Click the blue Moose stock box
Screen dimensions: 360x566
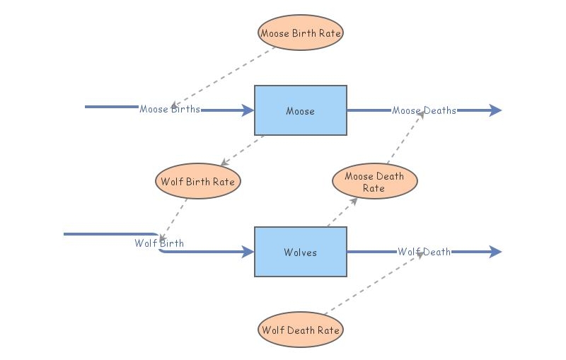(301, 110)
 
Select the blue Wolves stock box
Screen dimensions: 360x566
(301, 252)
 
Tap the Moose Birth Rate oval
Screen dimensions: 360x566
(301, 33)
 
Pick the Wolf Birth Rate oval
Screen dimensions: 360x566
(197, 182)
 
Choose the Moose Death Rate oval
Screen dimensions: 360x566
(374, 182)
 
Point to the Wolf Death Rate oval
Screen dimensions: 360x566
(301, 330)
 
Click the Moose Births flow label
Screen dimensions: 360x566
(170, 110)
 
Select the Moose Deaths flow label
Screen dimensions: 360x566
(424, 110)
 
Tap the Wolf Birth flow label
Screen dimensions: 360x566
(159, 243)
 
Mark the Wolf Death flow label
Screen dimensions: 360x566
(424, 252)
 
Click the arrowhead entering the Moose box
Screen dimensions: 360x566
(248, 110)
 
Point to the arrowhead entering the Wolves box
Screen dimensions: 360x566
(248, 252)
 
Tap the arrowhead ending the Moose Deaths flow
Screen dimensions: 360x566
(495, 110)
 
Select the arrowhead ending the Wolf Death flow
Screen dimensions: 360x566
(495, 252)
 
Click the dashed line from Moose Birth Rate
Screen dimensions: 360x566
(223, 76)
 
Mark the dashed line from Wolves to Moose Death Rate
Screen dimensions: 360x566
(342, 212)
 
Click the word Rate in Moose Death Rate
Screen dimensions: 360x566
(374, 188)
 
